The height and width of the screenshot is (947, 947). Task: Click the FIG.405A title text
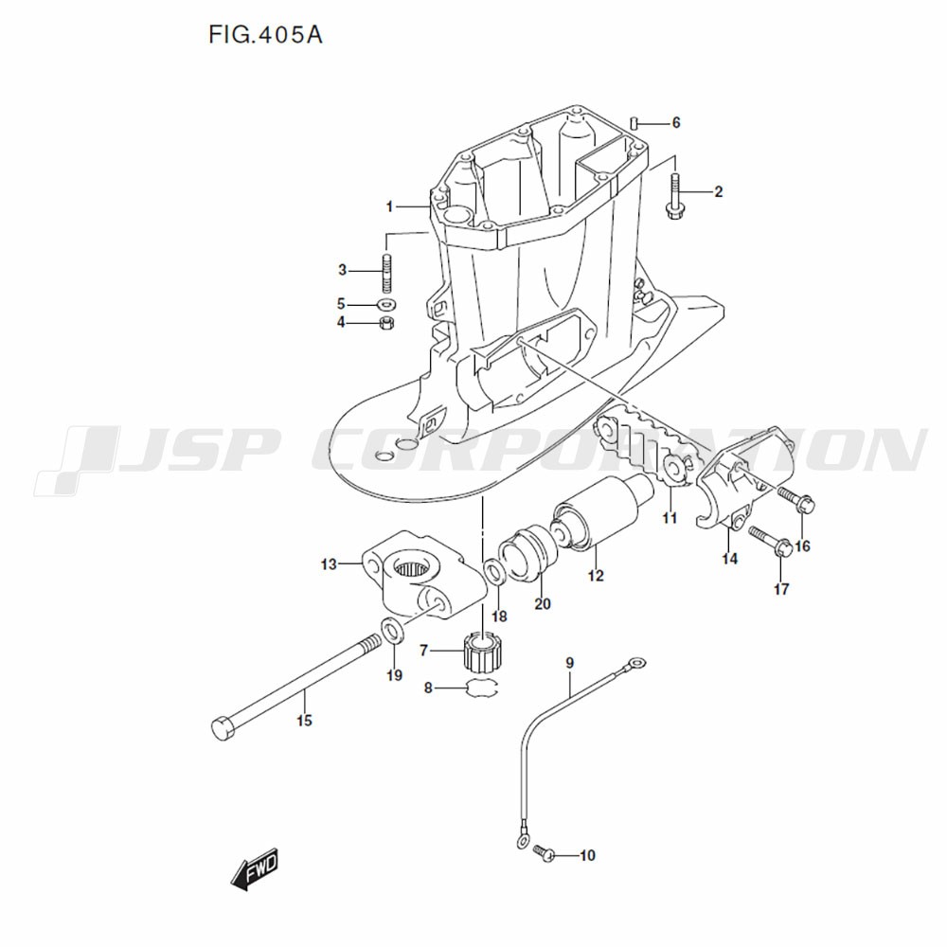point(265,35)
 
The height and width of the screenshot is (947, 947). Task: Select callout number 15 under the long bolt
point(303,722)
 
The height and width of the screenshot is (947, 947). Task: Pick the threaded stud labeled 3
point(387,271)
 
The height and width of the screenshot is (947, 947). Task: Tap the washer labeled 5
point(386,305)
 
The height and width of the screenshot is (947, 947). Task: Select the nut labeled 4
point(386,324)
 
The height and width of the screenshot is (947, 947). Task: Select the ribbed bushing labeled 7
point(482,652)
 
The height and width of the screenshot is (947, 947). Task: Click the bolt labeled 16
point(794,500)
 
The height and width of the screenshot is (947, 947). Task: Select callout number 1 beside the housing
point(389,206)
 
